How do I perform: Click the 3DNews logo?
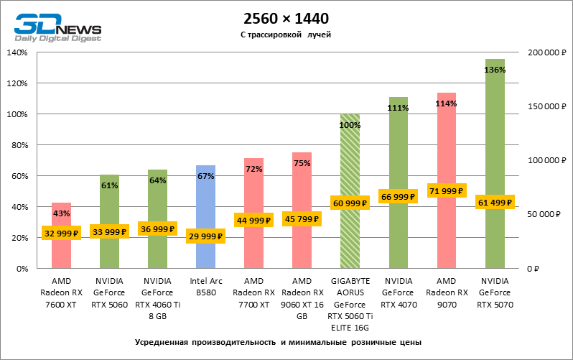58,27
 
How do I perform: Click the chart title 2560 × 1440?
286,18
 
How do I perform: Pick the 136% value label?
495,70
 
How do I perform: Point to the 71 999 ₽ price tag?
447,190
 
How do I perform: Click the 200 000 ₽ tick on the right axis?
546,52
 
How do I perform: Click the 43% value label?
61,213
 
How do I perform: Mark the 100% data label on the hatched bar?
350,125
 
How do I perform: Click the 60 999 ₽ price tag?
350,203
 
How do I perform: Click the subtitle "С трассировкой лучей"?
286,34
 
